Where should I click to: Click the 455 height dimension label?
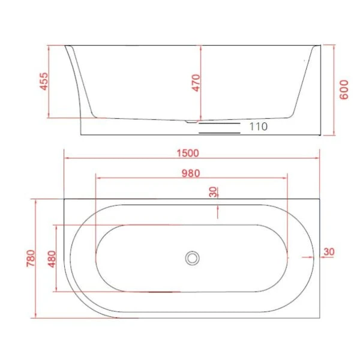click(44, 82)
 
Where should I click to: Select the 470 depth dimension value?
click(195, 82)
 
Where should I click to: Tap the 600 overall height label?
click(343, 90)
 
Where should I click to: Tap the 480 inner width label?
click(49, 259)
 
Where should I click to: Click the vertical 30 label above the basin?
click(213, 192)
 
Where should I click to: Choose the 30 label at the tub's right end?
click(328, 252)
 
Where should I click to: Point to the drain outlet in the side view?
click(192, 122)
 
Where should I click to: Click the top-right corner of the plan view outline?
click(319, 197)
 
